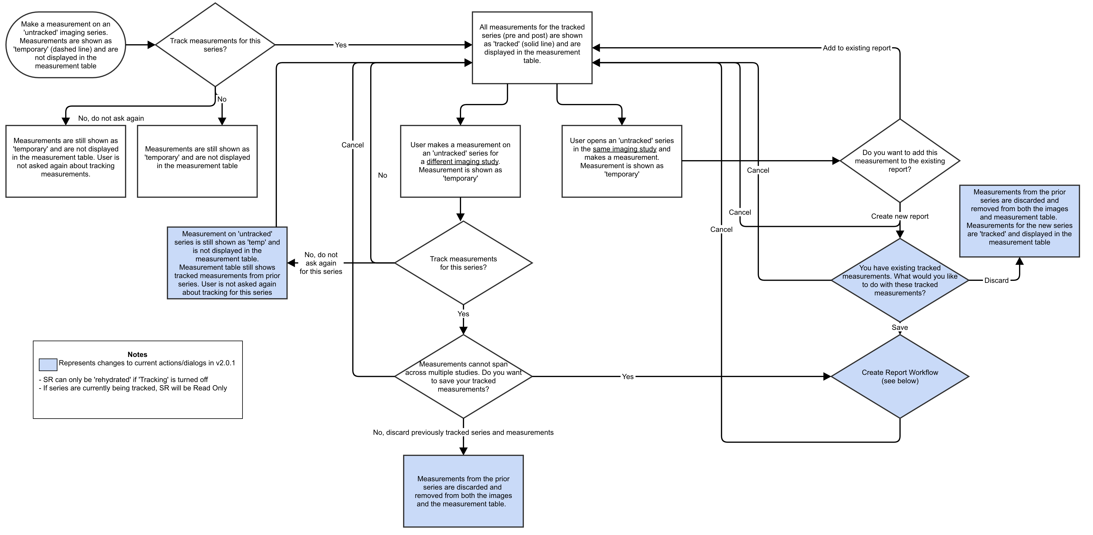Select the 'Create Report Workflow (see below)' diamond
tap(899, 376)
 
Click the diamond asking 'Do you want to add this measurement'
tap(899, 161)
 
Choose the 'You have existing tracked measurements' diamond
tap(899, 280)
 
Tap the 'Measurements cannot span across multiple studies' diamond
tap(463, 376)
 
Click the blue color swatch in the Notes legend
tap(48, 365)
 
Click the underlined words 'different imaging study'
tap(462, 162)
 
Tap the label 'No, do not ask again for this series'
tap(321, 263)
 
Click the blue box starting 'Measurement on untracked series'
tap(227, 263)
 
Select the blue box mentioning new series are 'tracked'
tap(1019, 221)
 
